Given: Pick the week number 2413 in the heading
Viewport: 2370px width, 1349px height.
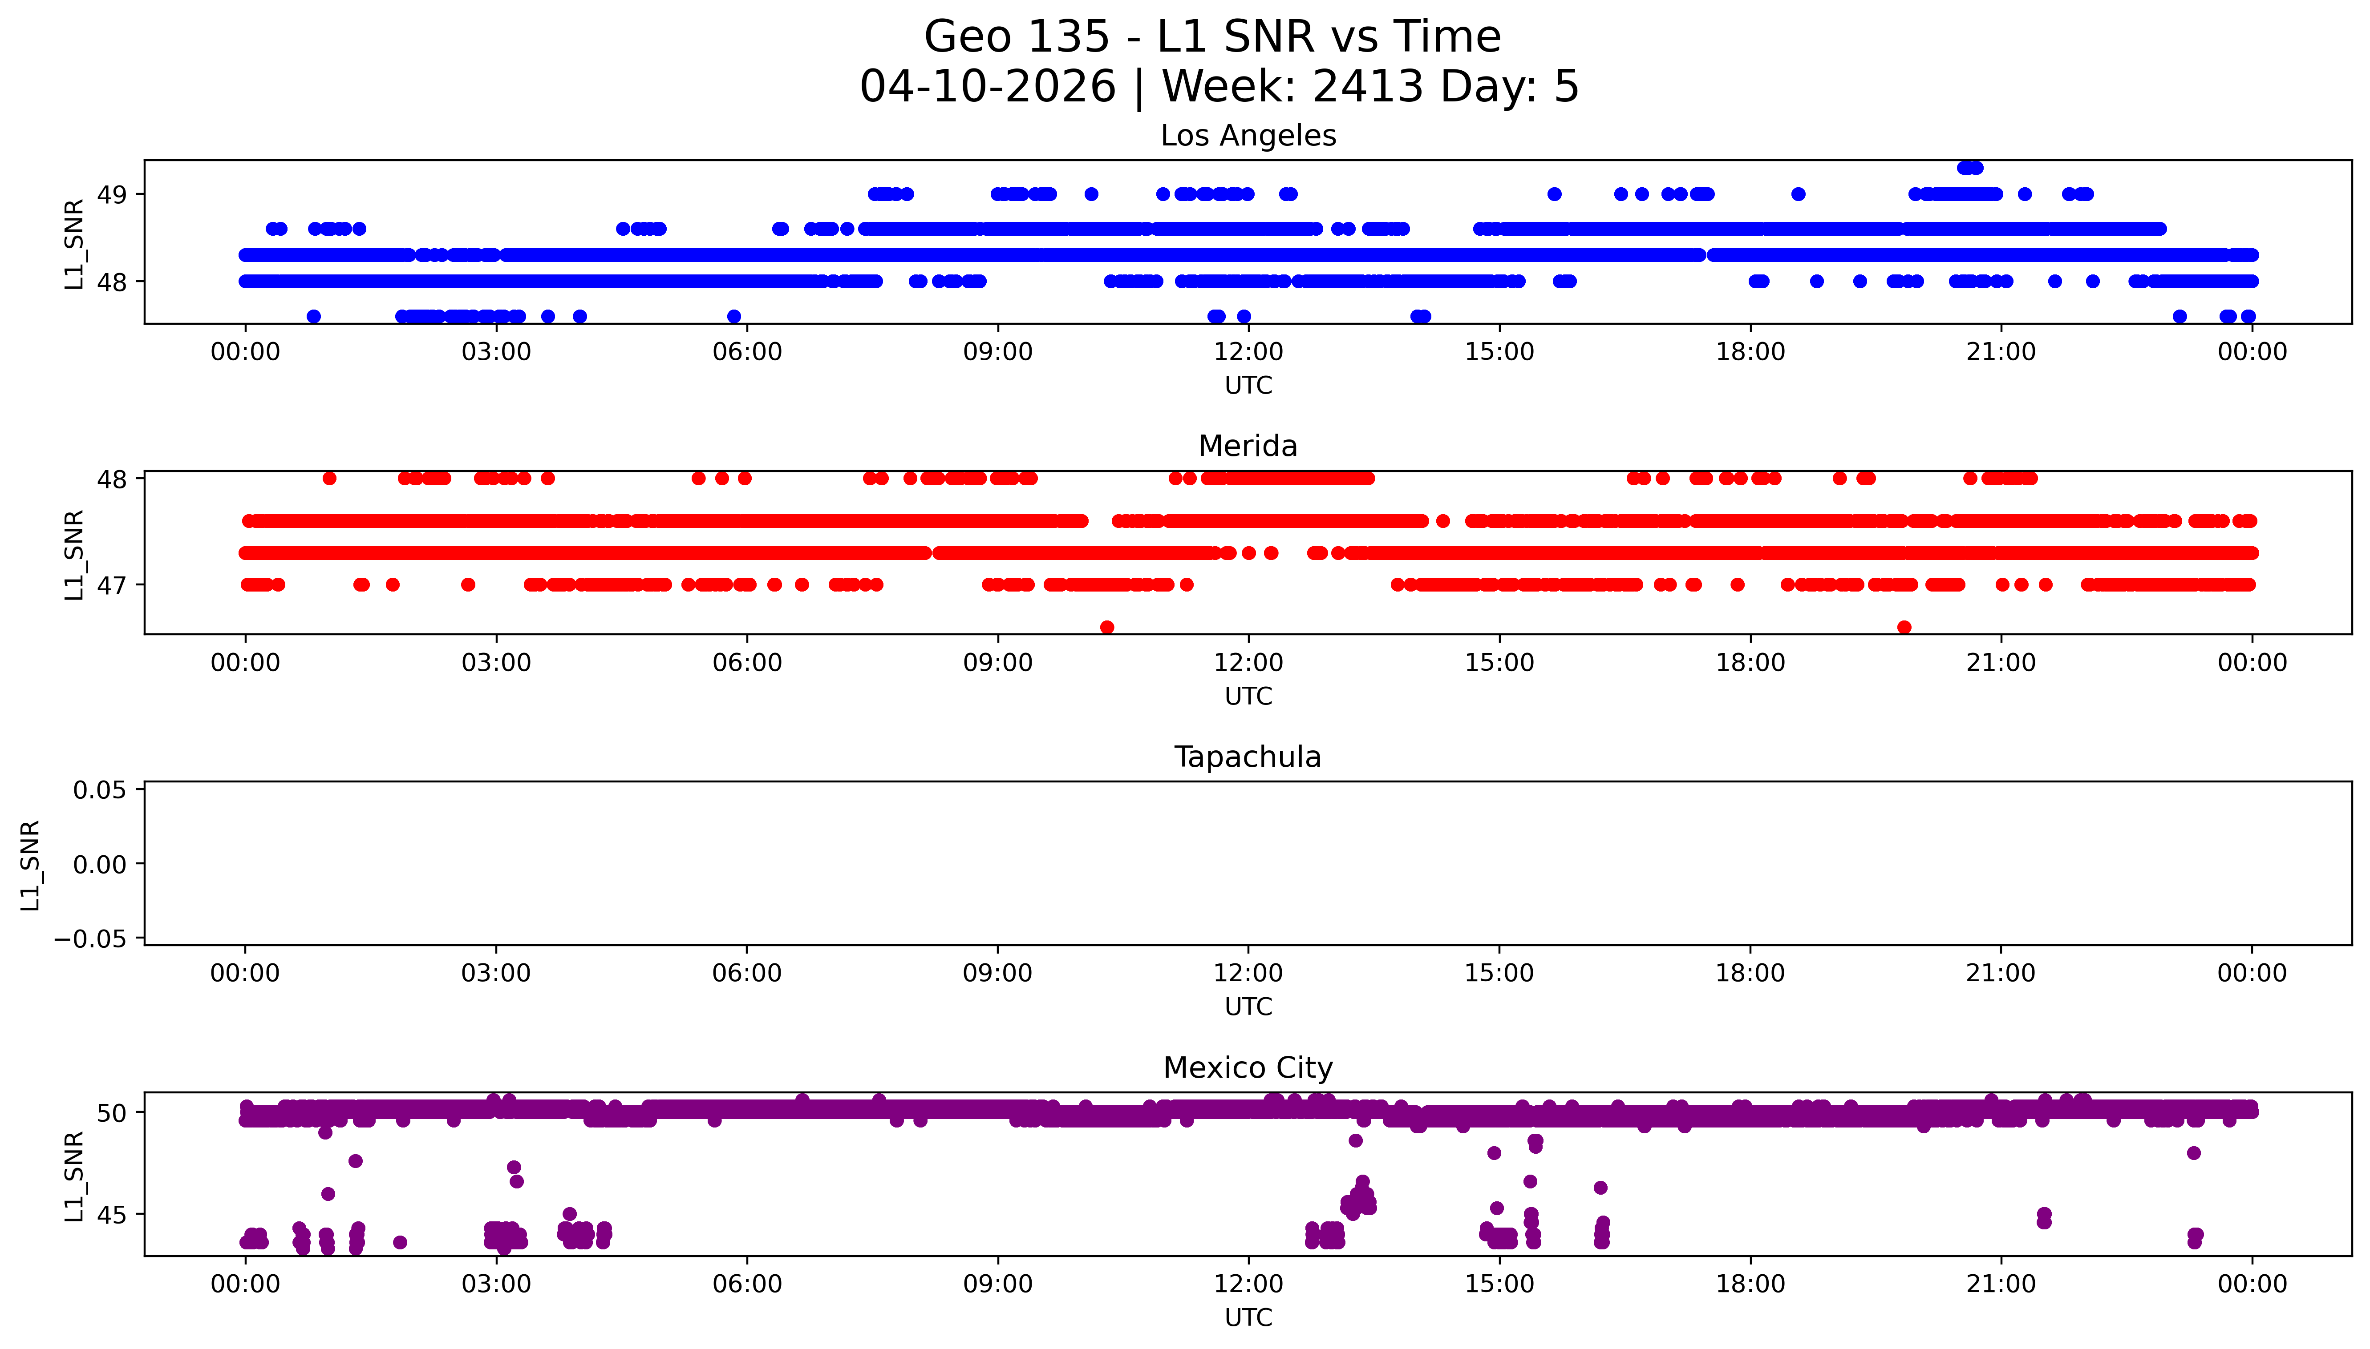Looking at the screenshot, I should (1368, 87).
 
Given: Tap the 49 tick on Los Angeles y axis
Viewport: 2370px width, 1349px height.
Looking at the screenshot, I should (112, 194).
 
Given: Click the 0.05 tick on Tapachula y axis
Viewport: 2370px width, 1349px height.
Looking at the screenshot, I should (100, 790).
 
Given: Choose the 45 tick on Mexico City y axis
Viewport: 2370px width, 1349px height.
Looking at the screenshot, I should (112, 1215).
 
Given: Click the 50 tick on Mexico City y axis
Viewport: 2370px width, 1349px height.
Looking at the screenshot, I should (112, 1113).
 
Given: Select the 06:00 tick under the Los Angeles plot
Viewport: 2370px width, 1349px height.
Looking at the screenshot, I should (747, 352).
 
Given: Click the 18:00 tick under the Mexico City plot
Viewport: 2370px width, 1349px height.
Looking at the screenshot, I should (1750, 1284).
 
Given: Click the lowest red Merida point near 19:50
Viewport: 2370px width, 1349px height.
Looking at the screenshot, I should (1904, 627).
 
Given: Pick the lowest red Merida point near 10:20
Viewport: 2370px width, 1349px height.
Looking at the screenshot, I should (1107, 627).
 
